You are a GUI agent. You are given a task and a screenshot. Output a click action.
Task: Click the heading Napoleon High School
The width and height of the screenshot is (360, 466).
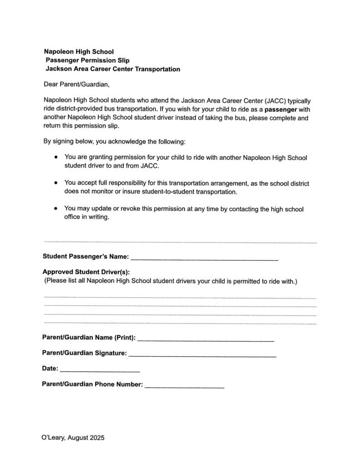tap(79, 52)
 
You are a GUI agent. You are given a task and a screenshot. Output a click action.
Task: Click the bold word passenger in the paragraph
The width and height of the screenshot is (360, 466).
tap(281, 110)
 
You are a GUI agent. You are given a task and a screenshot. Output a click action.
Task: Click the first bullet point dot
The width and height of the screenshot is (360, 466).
tap(56, 157)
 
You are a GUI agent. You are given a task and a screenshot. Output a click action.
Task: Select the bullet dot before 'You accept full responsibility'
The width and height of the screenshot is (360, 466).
tap(56, 183)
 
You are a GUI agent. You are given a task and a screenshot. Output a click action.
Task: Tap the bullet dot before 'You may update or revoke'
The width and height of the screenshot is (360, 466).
tap(56, 209)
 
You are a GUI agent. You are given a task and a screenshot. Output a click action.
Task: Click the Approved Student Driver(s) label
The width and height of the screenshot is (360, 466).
tap(86, 272)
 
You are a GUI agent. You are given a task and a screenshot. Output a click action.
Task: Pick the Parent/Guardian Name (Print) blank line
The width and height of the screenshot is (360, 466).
tap(205, 340)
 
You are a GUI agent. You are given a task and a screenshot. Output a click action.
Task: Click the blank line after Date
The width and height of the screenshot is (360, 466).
tap(100, 371)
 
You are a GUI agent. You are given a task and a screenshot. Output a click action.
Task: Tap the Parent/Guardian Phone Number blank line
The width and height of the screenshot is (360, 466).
tap(184, 387)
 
